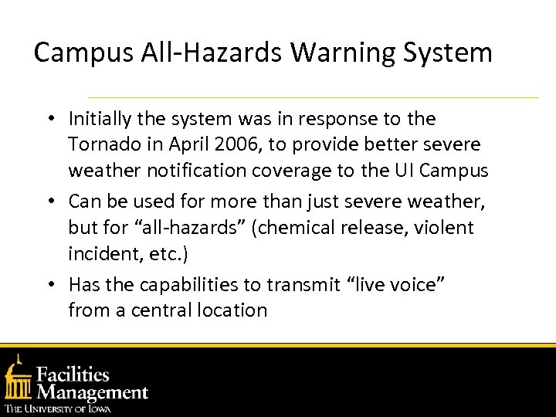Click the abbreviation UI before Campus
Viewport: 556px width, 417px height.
tap(400, 170)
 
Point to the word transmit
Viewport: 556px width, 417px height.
tap(303, 285)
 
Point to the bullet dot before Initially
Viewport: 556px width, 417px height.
tap(49, 120)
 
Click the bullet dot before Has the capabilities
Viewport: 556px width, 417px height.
tap(49, 286)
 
